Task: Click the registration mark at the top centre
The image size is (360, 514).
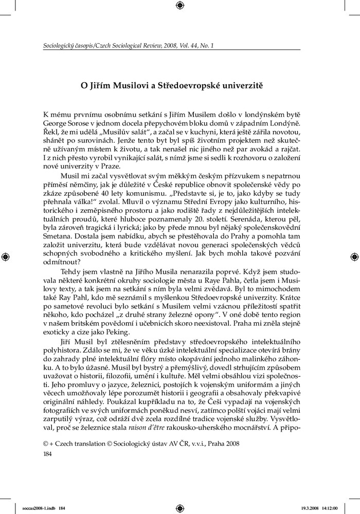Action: [x=179, y=6]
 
